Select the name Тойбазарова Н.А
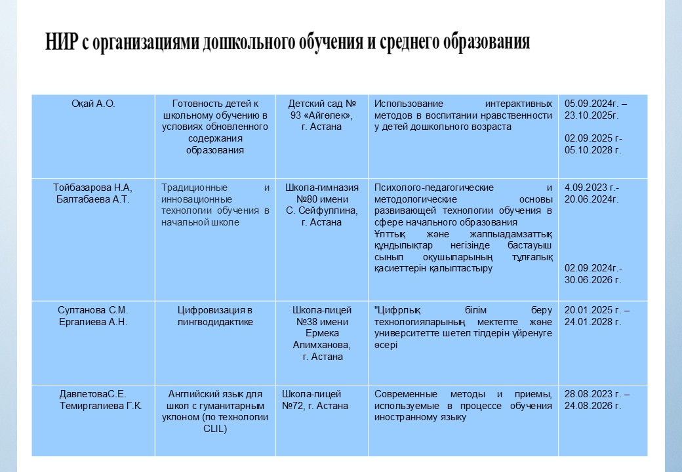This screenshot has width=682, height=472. click(x=92, y=187)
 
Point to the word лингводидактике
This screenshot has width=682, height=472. click(x=215, y=322)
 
